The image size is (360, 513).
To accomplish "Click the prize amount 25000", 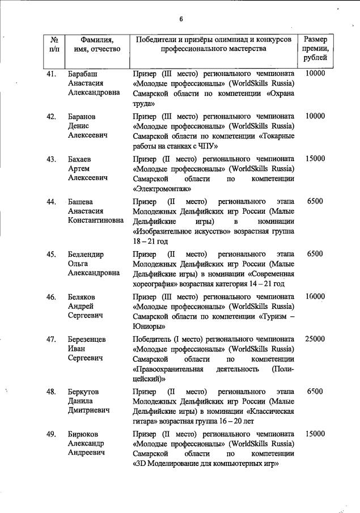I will [x=315, y=339].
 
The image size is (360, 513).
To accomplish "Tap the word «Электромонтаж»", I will [x=162, y=189].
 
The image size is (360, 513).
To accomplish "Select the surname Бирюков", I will [x=84, y=434].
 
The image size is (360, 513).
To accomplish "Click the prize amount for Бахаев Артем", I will [x=315, y=159].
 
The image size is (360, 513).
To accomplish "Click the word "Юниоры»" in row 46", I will [x=149, y=327].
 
